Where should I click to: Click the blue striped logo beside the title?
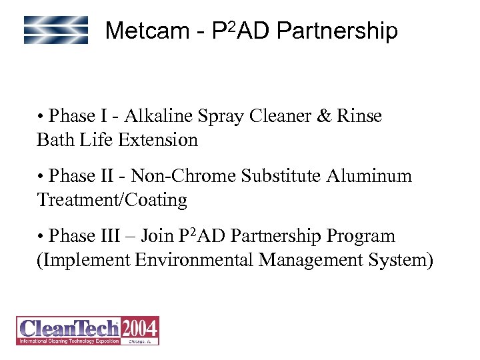[x=56, y=30]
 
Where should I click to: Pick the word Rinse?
[x=361, y=116]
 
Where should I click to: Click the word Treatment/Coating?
[x=112, y=200]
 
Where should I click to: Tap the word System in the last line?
[x=401, y=260]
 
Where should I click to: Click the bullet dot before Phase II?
[x=41, y=177]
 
